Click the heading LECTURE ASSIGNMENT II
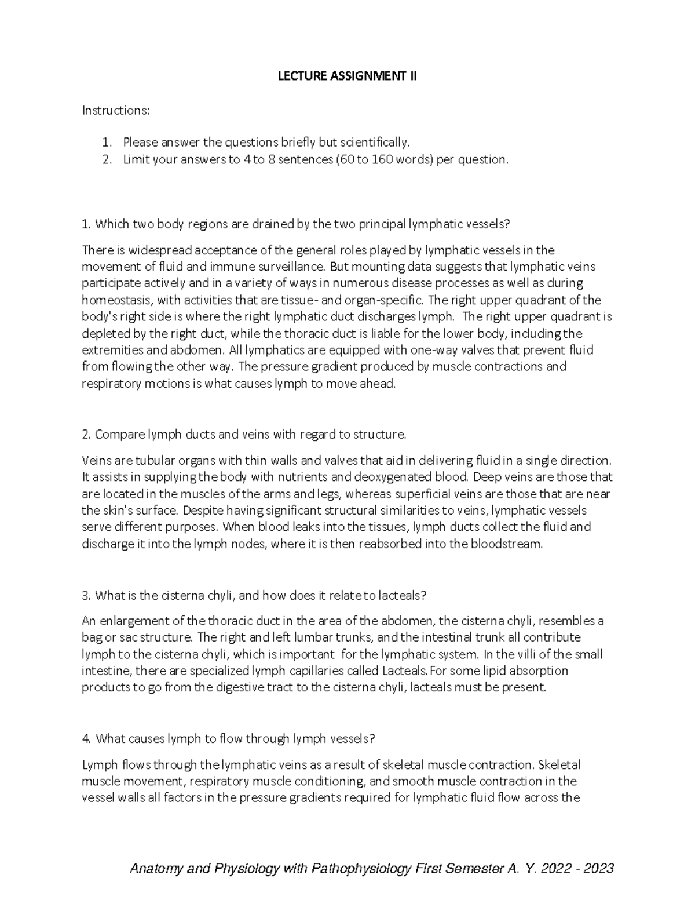pyautogui.click(x=347, y=76)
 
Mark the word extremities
pyautogui.click(x=111, y=350)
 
